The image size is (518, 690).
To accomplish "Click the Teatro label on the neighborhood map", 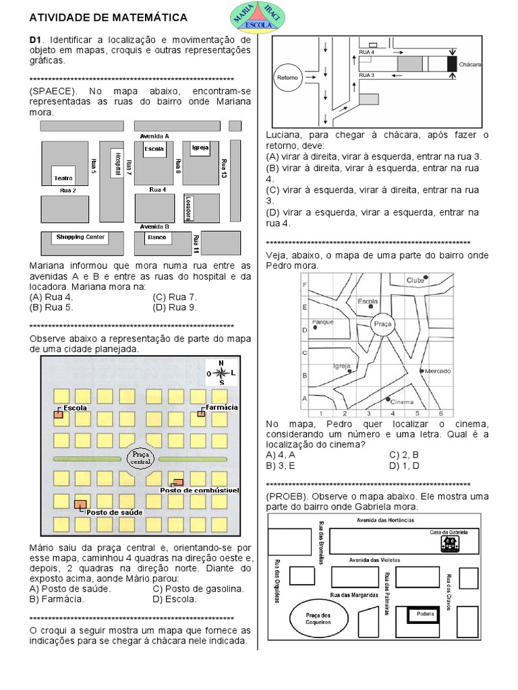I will coord(63,179).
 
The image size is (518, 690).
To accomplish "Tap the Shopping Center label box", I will coord(80,237).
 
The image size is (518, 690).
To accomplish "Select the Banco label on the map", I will coord(156,237).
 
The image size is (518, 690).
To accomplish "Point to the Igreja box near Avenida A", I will coord(200,148).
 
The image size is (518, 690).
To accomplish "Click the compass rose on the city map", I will coord(221,372).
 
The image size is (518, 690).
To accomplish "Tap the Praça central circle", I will coord(141,458).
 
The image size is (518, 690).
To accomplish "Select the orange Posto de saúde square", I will coord(80,504).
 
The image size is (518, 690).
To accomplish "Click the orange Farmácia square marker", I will coord(201,413).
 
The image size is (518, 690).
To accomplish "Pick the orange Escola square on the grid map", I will coord(58,415).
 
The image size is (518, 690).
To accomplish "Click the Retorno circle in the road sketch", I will coord(287,77).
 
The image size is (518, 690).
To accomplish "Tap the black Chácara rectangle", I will coord(451,64).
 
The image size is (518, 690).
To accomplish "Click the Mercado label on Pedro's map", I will coord(438,371).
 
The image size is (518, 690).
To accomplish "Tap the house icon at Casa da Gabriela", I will coord(447,542).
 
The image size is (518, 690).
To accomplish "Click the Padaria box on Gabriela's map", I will coord(425,613).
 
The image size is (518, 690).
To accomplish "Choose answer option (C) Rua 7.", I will coord(174,296).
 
